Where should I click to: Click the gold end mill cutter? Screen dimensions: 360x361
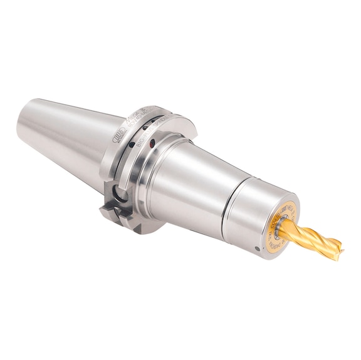[313, 240]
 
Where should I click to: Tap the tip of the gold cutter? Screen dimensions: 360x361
[340, 250]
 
